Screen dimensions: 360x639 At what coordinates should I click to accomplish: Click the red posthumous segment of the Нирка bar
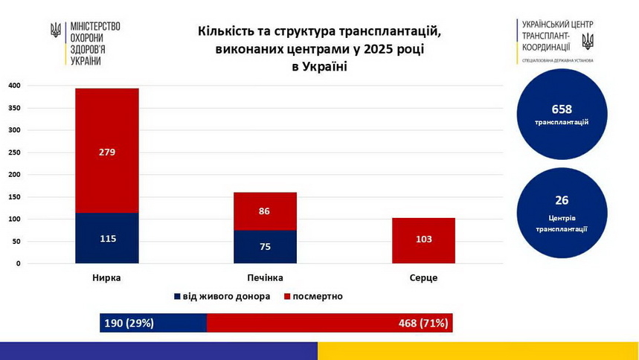[106, 151]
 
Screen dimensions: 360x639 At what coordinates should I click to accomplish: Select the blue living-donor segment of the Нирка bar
[106, 239]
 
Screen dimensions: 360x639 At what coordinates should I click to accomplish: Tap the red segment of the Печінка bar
[265, 211]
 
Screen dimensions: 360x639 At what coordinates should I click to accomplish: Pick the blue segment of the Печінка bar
[265, 247]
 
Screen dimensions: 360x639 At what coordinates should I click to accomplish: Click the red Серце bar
[423, 240]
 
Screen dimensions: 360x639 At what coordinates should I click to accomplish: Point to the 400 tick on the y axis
[14, 86]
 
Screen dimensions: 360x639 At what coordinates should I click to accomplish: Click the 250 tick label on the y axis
[14, 152]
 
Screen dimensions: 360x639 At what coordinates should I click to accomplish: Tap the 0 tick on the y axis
[18, 264]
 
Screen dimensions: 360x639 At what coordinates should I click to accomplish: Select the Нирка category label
[106, 277]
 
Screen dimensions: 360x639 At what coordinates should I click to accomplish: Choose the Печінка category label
[265, 277]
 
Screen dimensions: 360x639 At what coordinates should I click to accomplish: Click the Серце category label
[423, 277]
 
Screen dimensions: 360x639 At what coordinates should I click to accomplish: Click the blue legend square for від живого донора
[177, 296]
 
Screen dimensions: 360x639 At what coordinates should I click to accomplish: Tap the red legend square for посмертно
[287, 296]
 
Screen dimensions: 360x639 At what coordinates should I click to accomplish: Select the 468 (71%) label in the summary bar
[423, 323]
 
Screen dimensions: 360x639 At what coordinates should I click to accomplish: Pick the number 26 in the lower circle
[562, 200]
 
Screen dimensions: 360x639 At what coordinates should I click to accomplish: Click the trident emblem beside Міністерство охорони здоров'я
[56, 30]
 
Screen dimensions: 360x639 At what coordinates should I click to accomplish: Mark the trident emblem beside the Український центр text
[587, 39]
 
